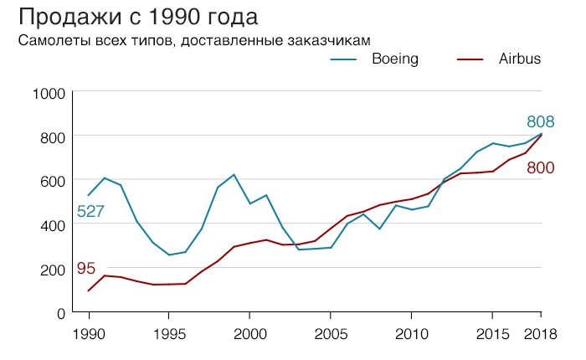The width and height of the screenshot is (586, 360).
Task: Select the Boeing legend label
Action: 394,59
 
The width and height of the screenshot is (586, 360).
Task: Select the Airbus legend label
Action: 520,59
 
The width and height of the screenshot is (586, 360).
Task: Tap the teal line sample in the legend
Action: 343,59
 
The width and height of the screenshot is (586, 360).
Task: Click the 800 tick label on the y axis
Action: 52,136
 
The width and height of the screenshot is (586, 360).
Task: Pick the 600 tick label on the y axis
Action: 52,181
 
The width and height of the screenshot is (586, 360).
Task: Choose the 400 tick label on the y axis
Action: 52,225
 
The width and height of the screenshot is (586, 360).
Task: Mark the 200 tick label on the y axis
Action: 52,270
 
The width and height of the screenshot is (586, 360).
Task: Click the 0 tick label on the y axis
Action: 59,314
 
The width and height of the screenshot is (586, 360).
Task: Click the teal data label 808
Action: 541,122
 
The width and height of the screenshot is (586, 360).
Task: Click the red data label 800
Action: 541,168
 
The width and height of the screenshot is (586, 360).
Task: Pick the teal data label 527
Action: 90,212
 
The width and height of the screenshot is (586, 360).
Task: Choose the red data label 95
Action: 85,269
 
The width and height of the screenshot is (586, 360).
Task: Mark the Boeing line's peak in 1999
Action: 234,175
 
